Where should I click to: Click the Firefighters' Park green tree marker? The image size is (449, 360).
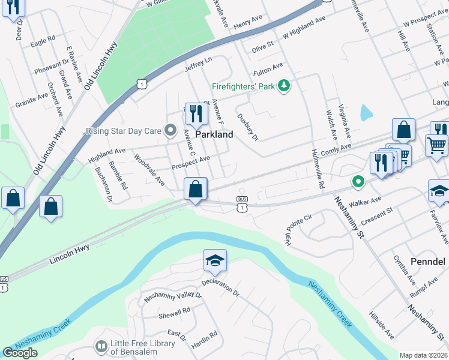284,87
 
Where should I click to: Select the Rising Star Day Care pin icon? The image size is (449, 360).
170,130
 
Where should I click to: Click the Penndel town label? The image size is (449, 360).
427,262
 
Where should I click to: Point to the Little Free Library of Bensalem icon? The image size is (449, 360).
101,346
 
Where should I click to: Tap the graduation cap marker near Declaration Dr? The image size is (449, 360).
215,261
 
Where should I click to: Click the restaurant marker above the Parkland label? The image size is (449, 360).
196,113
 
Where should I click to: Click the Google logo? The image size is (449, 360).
20,353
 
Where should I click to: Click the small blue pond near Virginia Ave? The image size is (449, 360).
366,112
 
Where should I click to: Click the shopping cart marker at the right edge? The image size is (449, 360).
436,145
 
